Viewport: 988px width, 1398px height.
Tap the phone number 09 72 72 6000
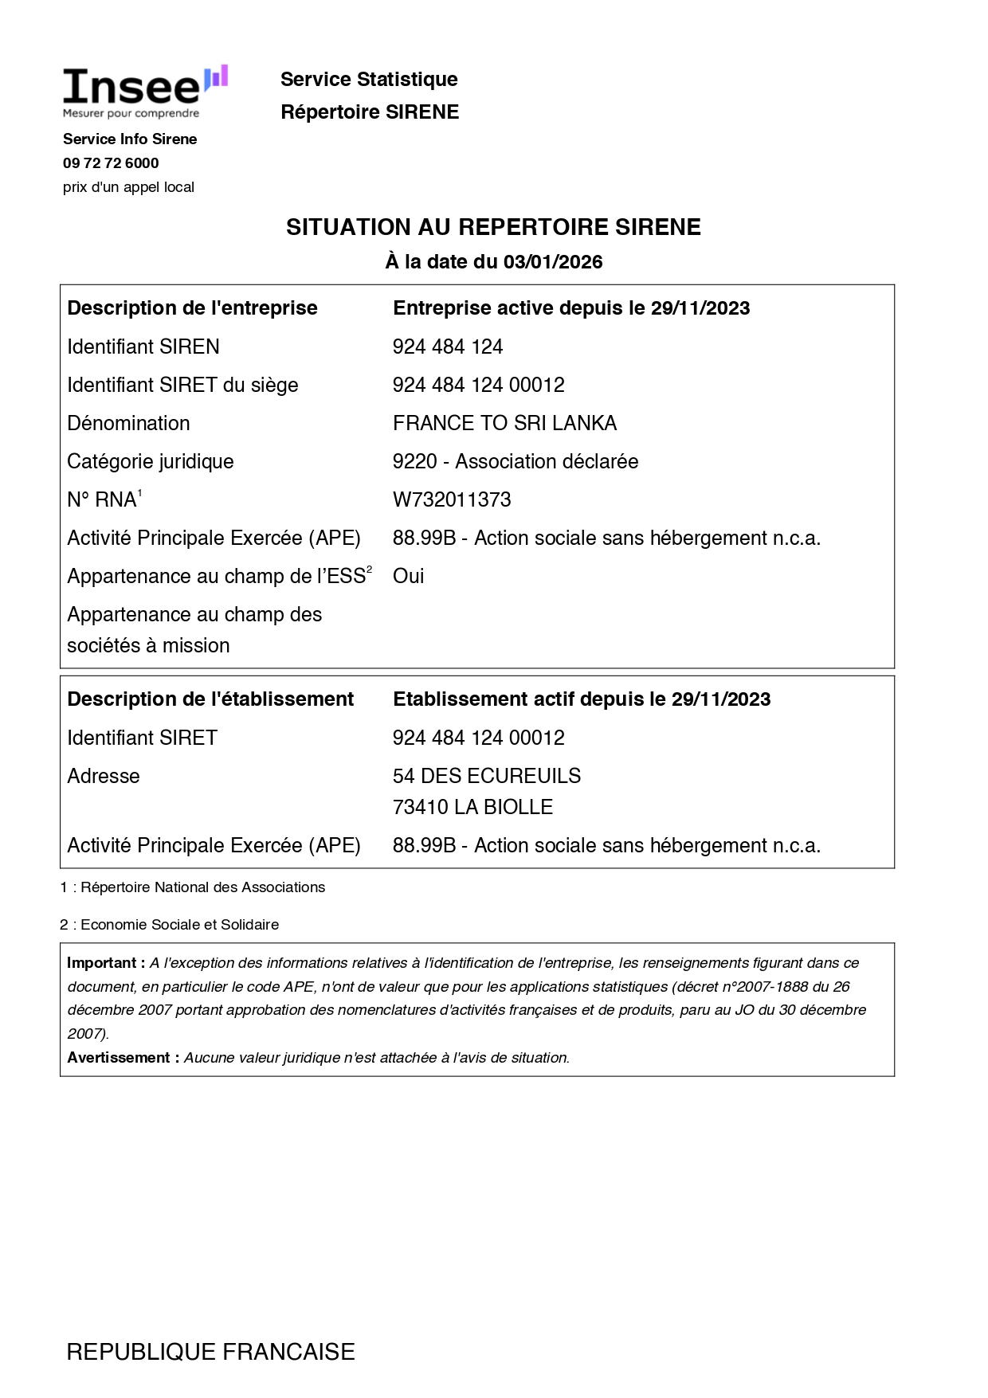(111, 163)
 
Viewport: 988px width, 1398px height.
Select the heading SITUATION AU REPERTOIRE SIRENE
(493, 227)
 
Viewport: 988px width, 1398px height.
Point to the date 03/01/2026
(553, 262)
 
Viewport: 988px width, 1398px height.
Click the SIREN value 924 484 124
(448, 347)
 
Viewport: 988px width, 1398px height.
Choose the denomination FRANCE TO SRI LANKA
(504, 423)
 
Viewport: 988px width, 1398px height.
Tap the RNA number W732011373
(452, 499)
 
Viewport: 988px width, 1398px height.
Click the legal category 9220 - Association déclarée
(516, 461)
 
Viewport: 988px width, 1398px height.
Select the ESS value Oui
(408, 576)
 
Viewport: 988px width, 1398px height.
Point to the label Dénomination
(128, 423)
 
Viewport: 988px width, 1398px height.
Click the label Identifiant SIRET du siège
(182, 385)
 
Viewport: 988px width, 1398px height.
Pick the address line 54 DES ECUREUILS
(487, 776)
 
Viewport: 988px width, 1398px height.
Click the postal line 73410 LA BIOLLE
(472, 807)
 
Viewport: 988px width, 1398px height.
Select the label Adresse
(104, 776)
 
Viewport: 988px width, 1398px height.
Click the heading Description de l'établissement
(210, 699)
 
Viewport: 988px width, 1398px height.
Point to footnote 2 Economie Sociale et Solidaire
(169, 925)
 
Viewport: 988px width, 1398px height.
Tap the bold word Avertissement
(119, 1058)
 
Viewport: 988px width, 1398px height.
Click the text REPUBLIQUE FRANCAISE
(210, 1352)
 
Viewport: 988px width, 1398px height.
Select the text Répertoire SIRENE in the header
(370, 112)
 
